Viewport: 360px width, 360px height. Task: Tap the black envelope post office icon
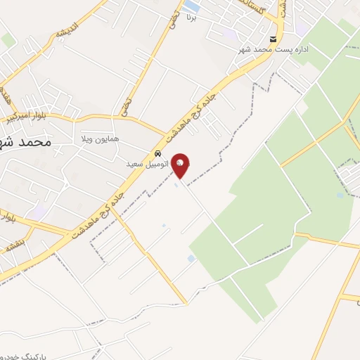coord(273,39)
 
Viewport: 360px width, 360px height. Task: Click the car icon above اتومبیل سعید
coord(157,153)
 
